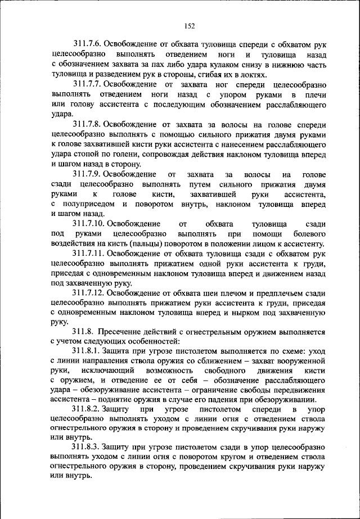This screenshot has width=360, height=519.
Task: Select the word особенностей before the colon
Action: coord(152,341)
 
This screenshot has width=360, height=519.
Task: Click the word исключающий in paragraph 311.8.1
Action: coord(108,372)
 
